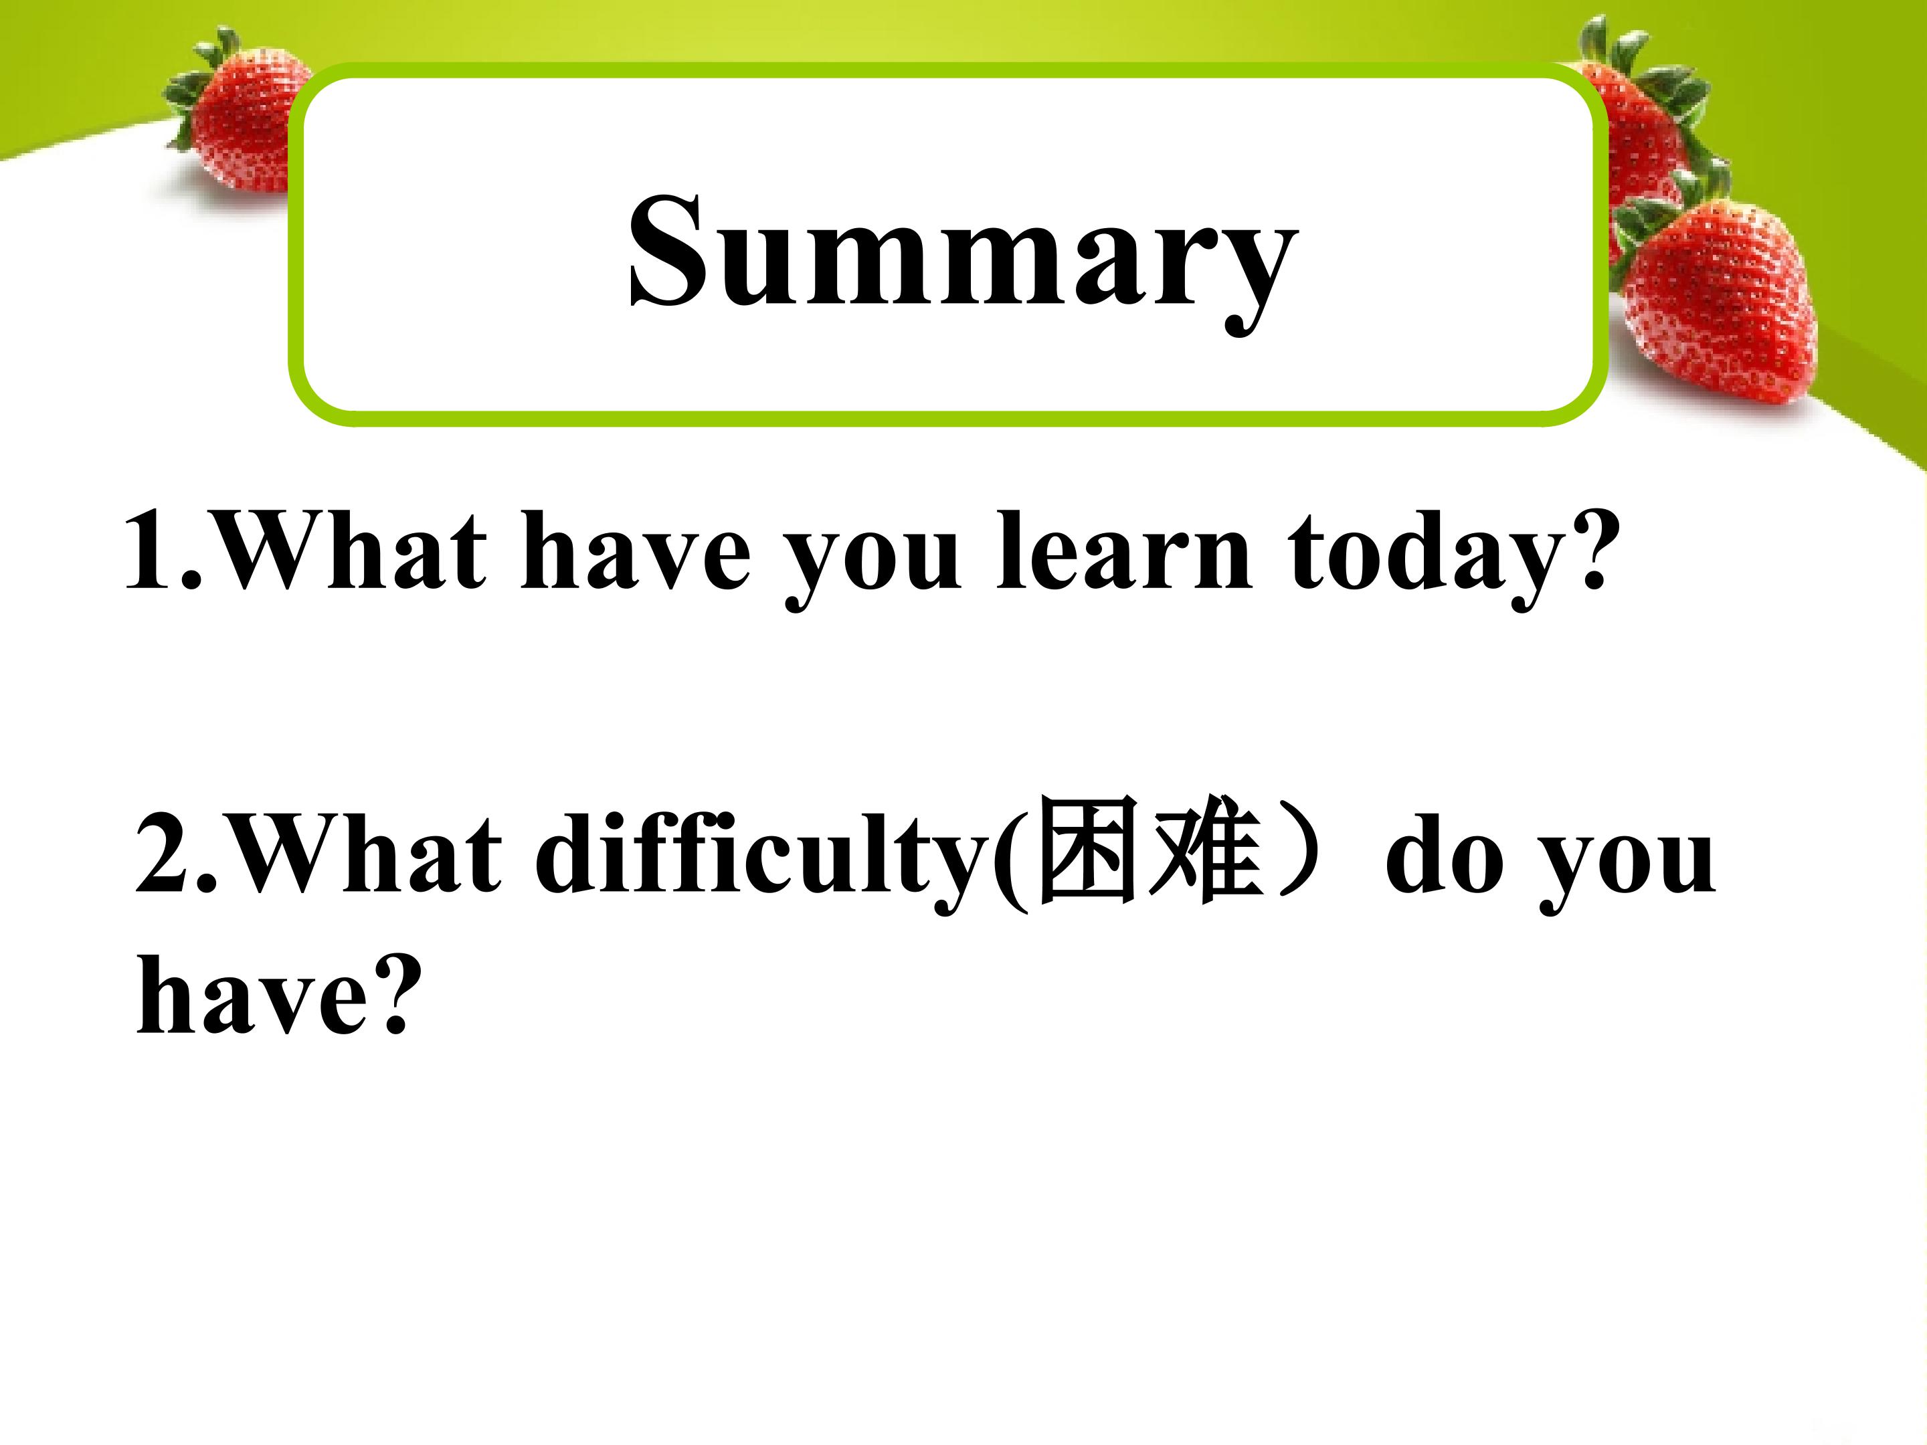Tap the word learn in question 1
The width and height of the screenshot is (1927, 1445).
[x=1124, y=550]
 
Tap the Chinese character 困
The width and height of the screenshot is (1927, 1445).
[x=1088, y=849]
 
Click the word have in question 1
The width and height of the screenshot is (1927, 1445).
[x=635, y=550]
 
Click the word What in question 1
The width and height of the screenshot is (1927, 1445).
[x=349, y=551]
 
